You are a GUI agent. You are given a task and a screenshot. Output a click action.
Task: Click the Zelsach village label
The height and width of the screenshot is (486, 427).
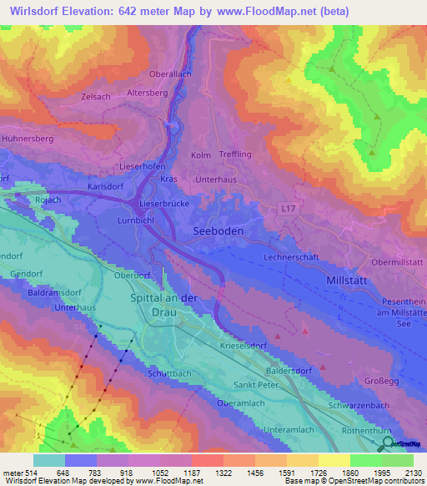(96, 97)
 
